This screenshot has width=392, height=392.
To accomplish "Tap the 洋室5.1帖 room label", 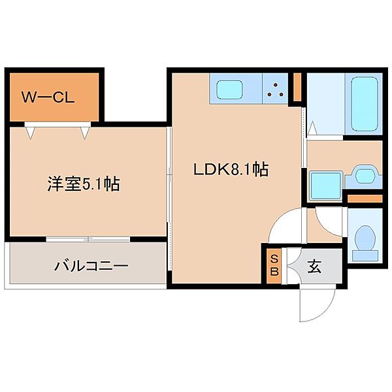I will (82, 184).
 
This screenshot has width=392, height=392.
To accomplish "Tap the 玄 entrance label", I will (314, 267).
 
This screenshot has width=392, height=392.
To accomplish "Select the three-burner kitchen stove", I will (276, 90).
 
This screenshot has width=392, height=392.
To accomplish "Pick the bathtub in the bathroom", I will (365, 103).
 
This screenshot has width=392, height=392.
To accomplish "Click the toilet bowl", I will (363, 240).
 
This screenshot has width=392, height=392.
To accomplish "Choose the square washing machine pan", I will (323, 185).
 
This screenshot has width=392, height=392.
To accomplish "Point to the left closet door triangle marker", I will (29, 131).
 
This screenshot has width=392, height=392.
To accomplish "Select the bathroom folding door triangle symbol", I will (313, 129).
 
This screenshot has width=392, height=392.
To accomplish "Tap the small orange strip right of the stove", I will (297, 88).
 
